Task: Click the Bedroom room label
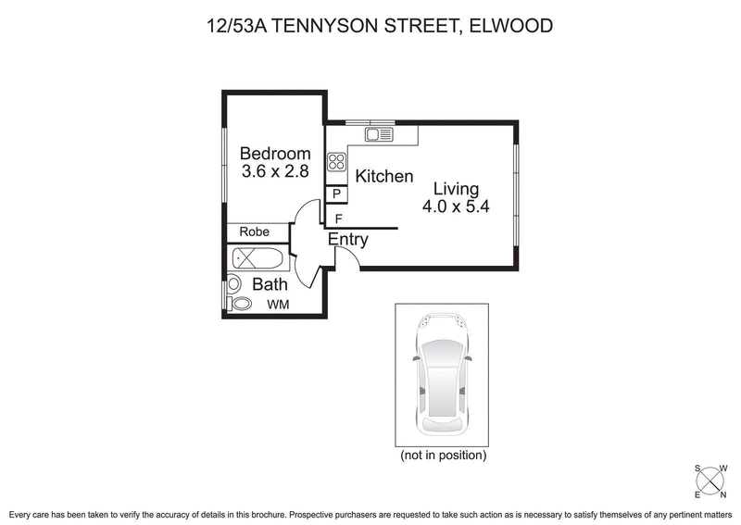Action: (x=275, y=154)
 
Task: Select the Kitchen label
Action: (x=384, y=176)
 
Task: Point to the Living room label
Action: (x=455, y=189)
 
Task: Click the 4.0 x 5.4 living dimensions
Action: (x=455, y=207)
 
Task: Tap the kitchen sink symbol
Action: (x=379, y=135)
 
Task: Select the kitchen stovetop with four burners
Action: (x=336, y=164)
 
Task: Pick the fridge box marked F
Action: (x=338, y=219)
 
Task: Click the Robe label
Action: (x=255, y=231)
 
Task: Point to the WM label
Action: (x=278, y=304)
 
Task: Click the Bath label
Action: (x=270, y=284)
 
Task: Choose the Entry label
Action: (x=348, y=240)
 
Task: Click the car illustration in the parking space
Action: (x=443, y=374)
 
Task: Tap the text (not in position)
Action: (x=443, y=456)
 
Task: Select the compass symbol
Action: (x=711, y=480)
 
